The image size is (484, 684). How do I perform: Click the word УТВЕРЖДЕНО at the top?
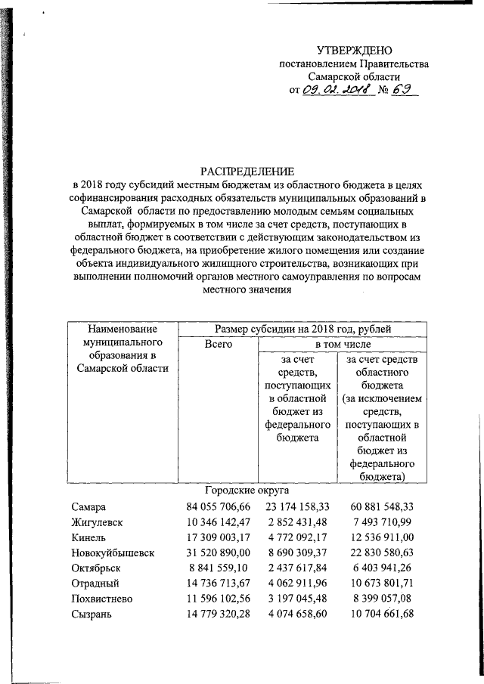355,51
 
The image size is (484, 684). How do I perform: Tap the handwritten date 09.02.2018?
334,91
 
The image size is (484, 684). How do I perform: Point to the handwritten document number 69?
403,90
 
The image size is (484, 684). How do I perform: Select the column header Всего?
218,344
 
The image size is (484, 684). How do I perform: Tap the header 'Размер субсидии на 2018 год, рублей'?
302,329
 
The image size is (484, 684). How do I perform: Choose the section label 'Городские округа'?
246,490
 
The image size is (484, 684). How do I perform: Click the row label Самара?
90,506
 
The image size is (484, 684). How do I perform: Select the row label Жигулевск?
98,522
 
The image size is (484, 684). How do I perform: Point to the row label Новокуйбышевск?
113,553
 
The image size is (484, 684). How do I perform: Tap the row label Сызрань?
93,614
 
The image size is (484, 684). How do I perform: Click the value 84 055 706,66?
217,506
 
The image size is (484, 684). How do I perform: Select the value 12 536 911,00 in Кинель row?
387,537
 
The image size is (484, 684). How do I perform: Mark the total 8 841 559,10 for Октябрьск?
217,568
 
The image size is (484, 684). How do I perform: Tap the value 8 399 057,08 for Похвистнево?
387,599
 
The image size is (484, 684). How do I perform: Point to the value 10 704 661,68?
387,614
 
